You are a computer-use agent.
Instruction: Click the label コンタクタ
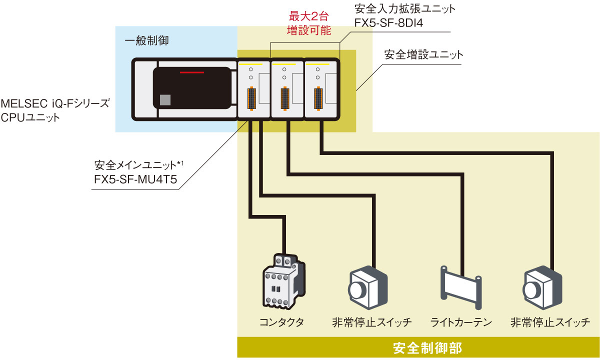(281, 322)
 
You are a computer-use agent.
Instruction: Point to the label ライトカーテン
(461, 322)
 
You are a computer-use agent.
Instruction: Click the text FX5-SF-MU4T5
(135, 179)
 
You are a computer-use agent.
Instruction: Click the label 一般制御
(146, 41)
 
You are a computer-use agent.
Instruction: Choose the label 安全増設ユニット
(423, 54)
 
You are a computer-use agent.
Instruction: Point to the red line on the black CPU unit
(192, 73)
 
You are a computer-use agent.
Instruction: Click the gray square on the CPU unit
(165, 99)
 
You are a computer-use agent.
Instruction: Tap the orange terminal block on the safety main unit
(251, 99)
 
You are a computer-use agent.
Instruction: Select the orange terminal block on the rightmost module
(317, 99)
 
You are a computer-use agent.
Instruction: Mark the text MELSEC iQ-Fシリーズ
(54, 104)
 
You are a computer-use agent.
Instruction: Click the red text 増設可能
(309, 30)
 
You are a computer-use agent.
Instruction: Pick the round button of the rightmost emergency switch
(531, 289)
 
